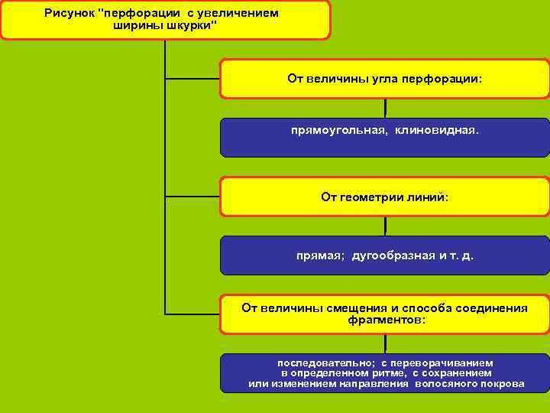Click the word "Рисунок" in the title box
(70, 14)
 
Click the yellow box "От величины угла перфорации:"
(384, 79)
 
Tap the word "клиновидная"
(437, 131)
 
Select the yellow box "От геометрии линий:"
(384, 197)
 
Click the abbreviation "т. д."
(461, 255)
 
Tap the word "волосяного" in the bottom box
(444, 384)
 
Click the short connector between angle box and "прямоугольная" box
(386, 108)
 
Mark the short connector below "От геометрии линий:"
(386, 226)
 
